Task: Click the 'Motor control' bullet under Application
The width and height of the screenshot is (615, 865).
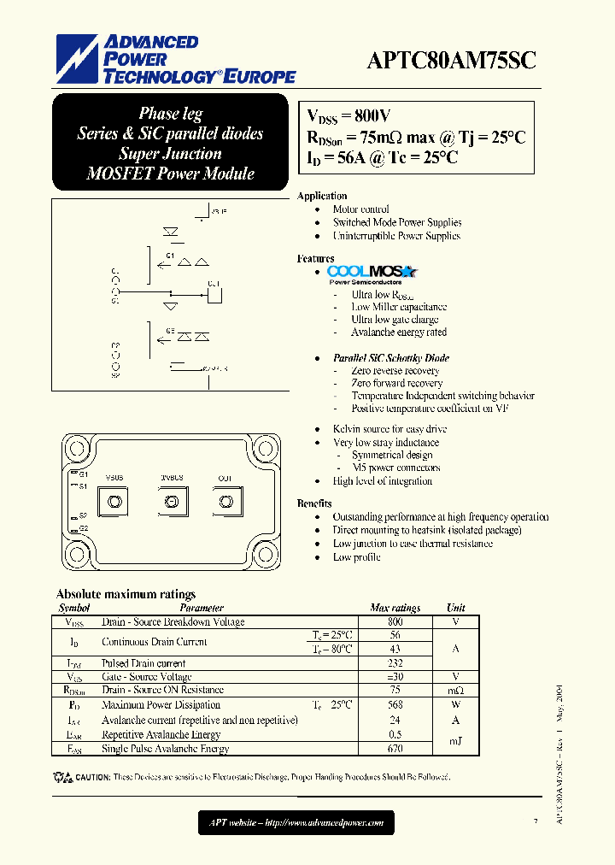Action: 360,209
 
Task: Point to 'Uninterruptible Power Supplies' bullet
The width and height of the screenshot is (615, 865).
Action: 396,236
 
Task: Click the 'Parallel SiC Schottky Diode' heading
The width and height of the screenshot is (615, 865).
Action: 391,358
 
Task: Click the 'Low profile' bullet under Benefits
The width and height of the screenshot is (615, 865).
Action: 355,557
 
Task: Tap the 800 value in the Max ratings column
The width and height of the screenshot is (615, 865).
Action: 395,622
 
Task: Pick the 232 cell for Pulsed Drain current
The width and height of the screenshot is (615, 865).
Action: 395,663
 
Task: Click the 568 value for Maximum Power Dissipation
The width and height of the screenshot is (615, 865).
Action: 395,705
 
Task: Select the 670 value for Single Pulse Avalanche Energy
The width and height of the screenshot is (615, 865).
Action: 395,749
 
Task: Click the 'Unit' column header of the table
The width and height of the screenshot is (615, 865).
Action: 456,608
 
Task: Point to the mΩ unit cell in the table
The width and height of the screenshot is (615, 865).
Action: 456,690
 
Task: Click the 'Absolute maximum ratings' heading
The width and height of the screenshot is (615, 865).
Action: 126,594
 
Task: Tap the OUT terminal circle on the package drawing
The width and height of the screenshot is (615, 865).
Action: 225,501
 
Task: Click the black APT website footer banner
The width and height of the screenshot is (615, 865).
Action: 297,823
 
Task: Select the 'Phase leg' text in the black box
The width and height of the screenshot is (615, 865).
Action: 171,114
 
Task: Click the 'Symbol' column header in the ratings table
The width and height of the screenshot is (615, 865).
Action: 73,608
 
